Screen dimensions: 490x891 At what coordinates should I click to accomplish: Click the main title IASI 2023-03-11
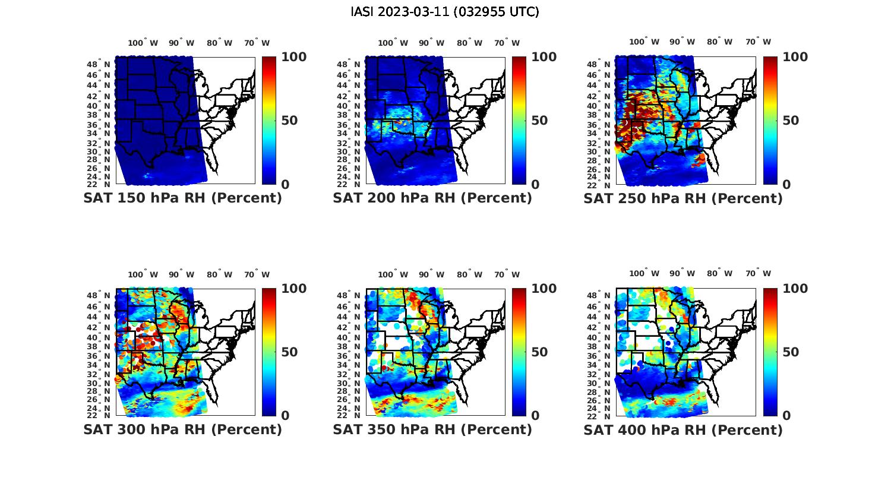click(x=445, y=12)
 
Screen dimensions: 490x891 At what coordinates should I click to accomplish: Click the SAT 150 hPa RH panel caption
click(x=182, y=198)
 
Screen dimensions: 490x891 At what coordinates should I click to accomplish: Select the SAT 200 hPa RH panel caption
click(x=432, y=198)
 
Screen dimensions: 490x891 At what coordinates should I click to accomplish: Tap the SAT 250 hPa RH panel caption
click(x=683, y=198)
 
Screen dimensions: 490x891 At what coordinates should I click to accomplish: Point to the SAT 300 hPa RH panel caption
click(x=182, y=429)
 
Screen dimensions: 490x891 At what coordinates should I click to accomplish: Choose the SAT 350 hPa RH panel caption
click(x=432, y=429)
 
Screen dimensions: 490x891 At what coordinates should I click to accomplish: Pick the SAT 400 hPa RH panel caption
click(x=683, y=429)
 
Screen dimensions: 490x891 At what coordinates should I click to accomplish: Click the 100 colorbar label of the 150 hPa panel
click(x=293, y=57)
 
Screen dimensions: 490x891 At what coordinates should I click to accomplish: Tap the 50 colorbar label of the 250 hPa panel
click(x=791, y=121)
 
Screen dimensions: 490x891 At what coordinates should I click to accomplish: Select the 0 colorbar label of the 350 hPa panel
click(x=535, y=416)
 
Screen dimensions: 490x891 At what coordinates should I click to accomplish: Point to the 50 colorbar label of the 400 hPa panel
click(x=791, y=352)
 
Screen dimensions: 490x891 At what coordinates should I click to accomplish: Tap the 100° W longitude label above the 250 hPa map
click(x=644, y=42)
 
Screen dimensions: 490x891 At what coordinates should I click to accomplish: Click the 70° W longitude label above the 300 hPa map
click(x=257, y=274)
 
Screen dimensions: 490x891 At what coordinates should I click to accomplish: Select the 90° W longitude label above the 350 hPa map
click(x=431, y=274)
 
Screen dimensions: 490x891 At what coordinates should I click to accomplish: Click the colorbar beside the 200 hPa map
click(x=519, y=121)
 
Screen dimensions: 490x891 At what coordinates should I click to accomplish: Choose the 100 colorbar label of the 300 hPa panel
click(x=293, y=289)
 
